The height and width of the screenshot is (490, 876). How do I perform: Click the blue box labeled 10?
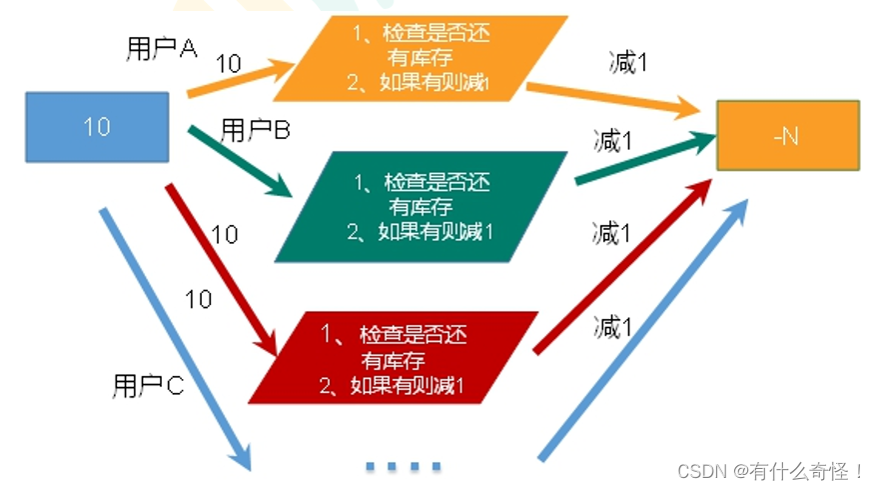[x=97, y=127]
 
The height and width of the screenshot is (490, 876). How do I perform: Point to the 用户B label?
[x=255, y=130]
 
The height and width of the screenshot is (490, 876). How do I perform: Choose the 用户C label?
[x=148, y=386]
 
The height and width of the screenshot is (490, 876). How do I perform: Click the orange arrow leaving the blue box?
[x=240, y=80]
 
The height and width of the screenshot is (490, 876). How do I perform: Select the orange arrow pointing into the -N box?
[x=609, y=96]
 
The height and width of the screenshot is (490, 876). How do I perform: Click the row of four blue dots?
[x=403, y=466]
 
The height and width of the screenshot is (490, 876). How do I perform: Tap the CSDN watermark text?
[x=769, y=469]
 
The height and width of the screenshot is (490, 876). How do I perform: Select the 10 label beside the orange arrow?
[x=228, y=64]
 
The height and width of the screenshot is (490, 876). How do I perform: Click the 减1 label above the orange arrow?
[x=628, y=62]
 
